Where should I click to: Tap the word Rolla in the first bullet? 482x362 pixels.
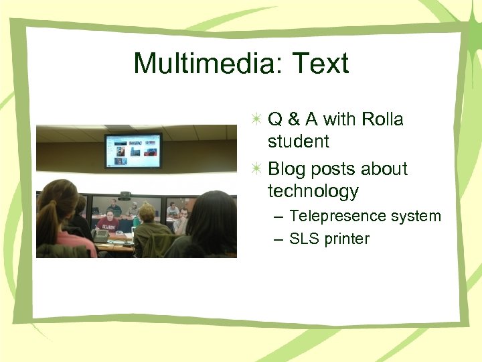(x=382, y=119)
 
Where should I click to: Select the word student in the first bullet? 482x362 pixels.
(x=299, y=141)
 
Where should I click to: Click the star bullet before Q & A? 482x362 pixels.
(x=257, y=119)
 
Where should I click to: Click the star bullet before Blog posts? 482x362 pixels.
(x=257, y=169)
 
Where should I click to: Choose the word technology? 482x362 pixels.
(x=313, y=192)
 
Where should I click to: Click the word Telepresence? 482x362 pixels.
(x=338, y=216)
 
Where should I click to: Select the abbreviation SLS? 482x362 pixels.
(x=305, y=239)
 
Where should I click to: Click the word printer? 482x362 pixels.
(x=347, y=239)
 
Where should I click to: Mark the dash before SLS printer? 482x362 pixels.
(x=278, y=239)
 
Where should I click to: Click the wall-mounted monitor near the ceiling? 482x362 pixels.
(x=133, y=149)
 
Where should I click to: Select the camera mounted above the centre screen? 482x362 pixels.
(x=125, y=194)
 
